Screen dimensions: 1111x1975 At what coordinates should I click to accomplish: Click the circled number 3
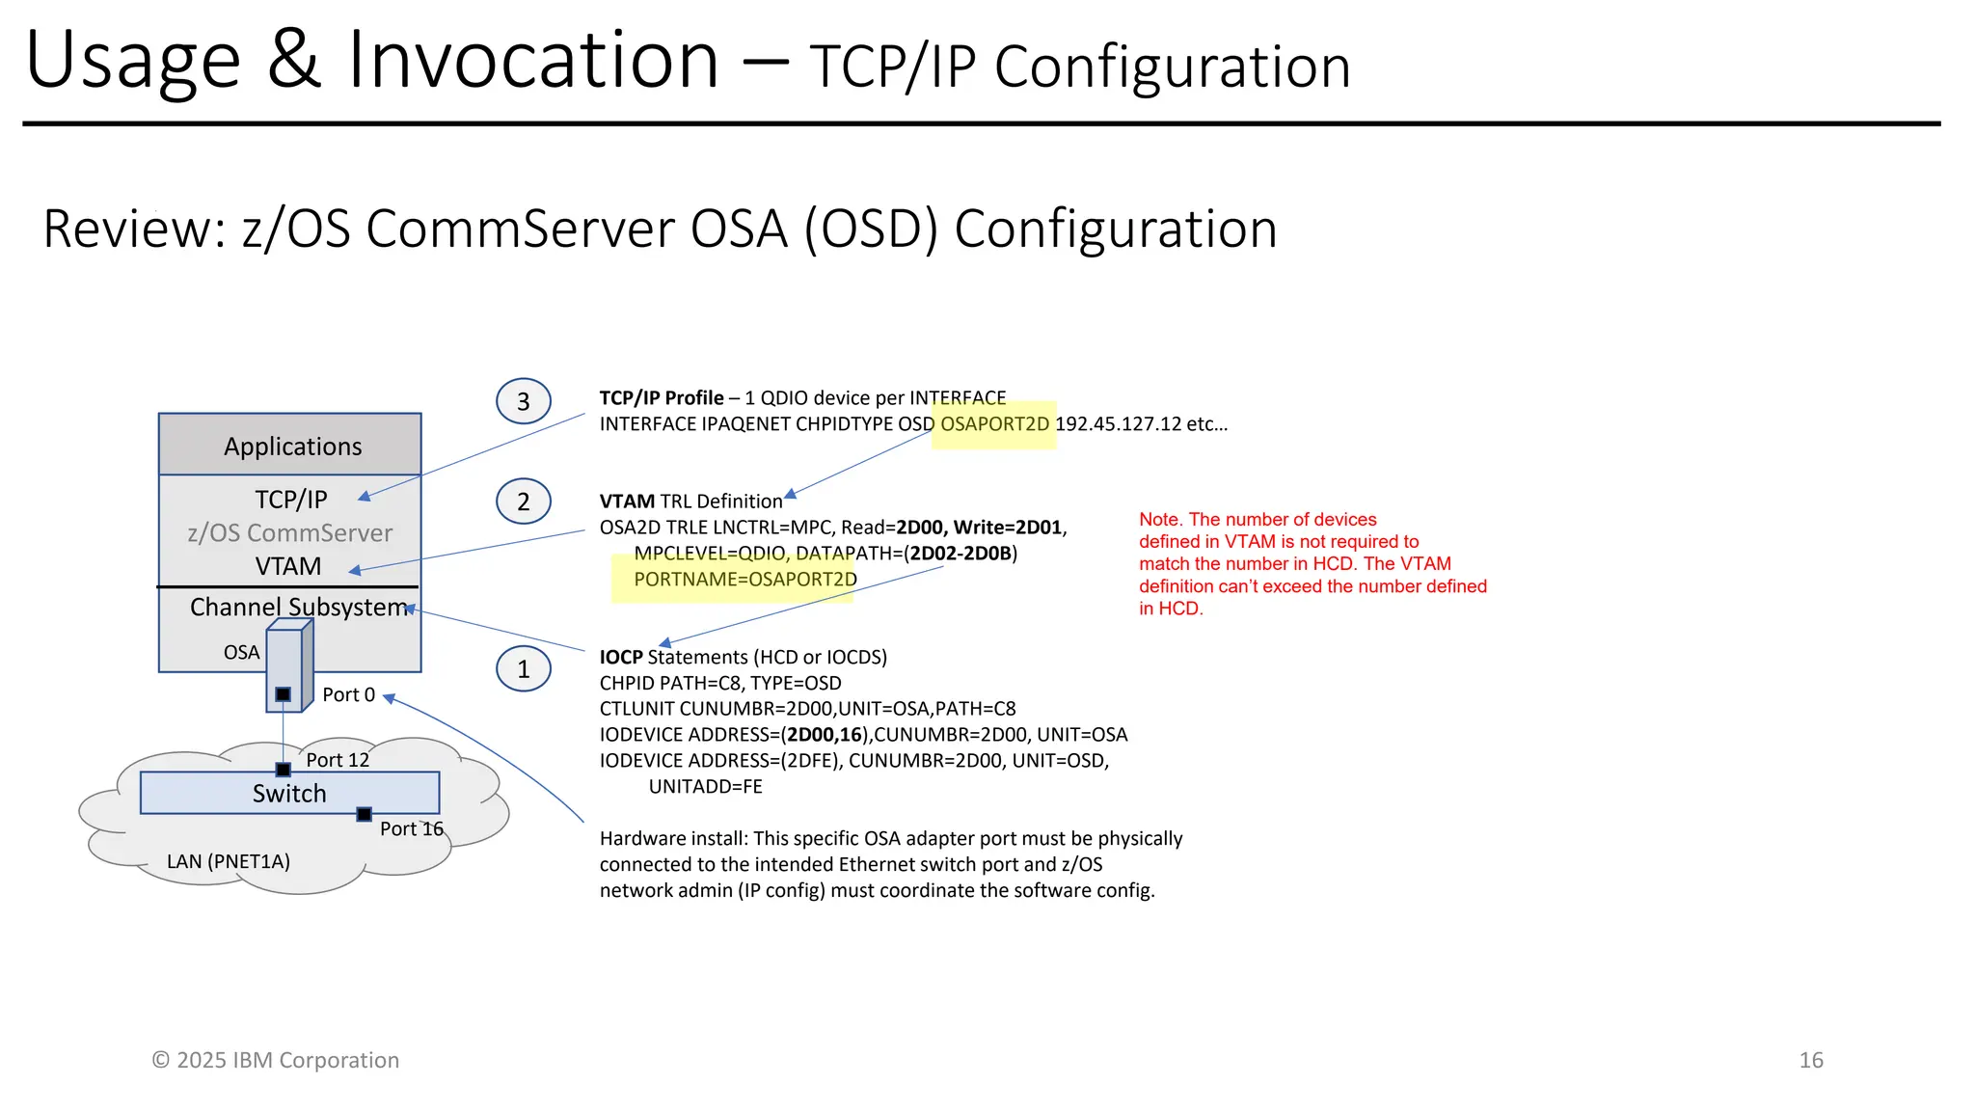pyautogui.click(x=523, y=401)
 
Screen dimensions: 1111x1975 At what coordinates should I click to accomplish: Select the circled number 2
pyautogui.click(x=523, y=501)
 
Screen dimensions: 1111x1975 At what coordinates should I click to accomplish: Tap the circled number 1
pyautogui.click(x=523, y=669)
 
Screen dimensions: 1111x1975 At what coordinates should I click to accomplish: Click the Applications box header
pyautogui.click(x=291, y=446)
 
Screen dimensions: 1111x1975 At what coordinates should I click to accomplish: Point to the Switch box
pyautogui.click(x=289, y=793)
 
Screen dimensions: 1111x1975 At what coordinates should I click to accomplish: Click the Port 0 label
pyautogui.click(x=348, y=694)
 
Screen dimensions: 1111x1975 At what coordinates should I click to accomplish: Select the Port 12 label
pyautogui.click(x=338, y=760)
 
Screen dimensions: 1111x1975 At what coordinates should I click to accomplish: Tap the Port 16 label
pyautogui.click(x=411, y=828)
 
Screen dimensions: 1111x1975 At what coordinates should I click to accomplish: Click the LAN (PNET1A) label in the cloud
pyautogui.click(x=229, y=861)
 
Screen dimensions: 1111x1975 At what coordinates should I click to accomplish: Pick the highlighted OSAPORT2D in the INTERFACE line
pyautogui.click(x=994, y=424)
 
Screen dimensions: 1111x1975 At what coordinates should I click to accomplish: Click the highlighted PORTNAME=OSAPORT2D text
pyautogui.click(x=744, y=580)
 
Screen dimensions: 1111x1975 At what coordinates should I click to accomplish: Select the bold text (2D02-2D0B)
pyautogui.click(x=960, y=554)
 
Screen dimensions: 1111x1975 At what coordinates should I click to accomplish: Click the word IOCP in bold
pyautogui.click(x=621, y=658)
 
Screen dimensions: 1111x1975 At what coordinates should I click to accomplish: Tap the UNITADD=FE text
pyautogui.click(x=705, y=787)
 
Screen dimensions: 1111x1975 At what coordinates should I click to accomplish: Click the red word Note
pyautogui.click(x=1159, y=520)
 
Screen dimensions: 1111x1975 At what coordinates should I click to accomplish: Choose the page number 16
pyautogui.click(x=1810, y=1060)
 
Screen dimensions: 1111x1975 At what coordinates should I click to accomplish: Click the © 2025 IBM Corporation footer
pyautogui.click(x=275, y=1060)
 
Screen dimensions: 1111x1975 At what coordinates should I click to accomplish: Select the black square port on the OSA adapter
pyautogui.click(x=283, y=694)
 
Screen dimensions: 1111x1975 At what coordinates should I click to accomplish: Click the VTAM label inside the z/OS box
pyautogui.click(x=287, y=566)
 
